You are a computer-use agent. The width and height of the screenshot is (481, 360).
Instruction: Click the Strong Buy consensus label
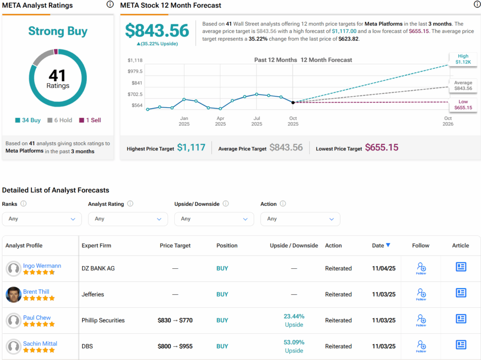click(58, 31)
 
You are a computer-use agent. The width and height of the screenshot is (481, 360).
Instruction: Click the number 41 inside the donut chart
click(58, 75)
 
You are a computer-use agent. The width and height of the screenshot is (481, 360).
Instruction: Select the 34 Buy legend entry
click(28, 120)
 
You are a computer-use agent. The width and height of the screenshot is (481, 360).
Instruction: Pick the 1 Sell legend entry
click(90, 120)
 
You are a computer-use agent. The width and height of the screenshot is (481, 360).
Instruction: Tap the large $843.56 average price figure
click(157, 31)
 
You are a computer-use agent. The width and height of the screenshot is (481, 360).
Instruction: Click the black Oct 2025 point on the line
click(293, 102)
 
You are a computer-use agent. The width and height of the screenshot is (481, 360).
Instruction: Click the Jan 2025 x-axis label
click(184, 121)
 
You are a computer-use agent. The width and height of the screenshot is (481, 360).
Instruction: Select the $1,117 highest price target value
click(191, 148)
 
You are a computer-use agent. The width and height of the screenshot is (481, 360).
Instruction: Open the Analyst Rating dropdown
click(128, 219)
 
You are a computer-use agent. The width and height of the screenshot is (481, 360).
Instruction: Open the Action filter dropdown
click(300, 219)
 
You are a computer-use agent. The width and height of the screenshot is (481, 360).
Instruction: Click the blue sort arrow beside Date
click(388, 245)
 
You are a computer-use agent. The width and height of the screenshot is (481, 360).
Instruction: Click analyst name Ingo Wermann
click(42, 266)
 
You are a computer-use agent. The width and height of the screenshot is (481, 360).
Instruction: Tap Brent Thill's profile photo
click(14, 295)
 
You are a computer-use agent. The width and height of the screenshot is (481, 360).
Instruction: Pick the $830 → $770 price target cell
click(175, 321)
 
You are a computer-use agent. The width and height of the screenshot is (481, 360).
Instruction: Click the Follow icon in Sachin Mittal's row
click(421, 346)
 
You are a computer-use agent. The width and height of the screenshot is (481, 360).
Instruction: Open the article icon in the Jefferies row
click(461, 293)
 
